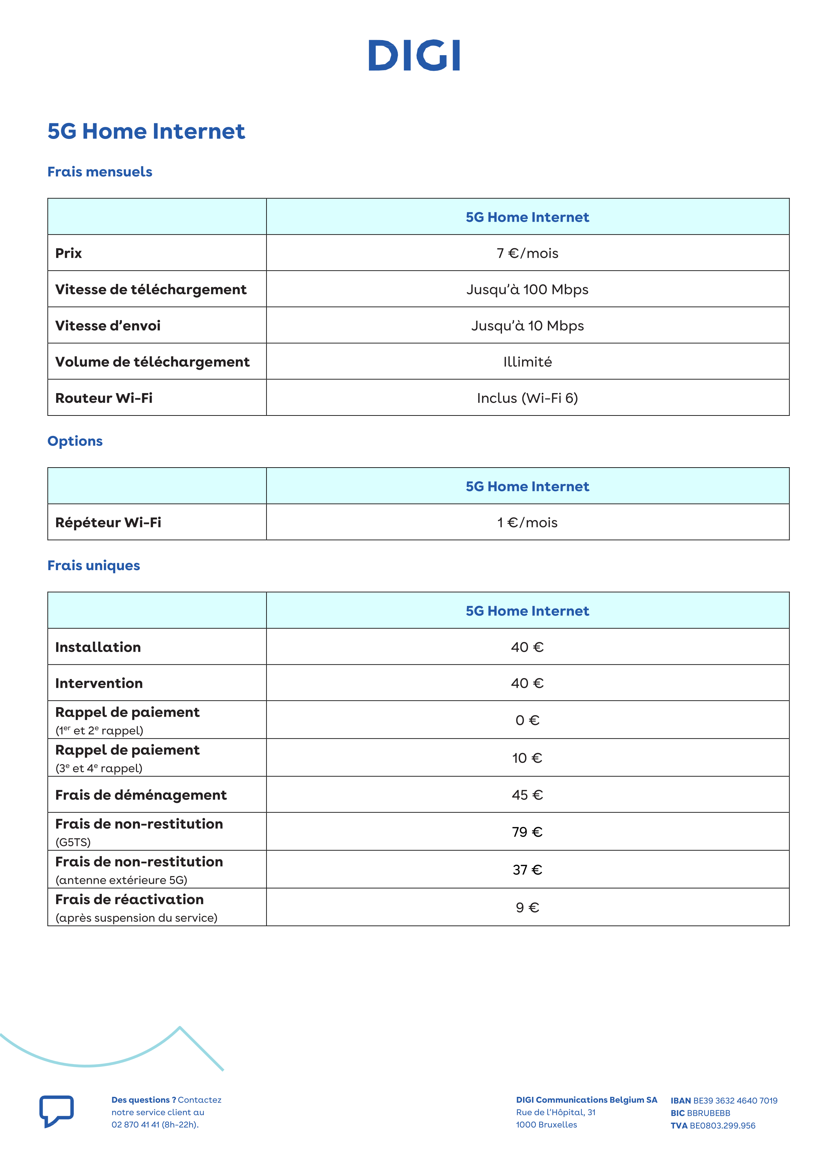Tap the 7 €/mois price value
[x=527, y=253]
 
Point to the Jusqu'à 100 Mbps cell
[x=527, y=290]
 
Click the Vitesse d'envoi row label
[x=108, y=326]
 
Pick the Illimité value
[x=527, y=362]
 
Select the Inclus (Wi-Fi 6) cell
[x=527, y=398]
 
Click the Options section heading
[x=75, y=441]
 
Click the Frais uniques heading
[x=94, y=565]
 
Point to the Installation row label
[x=98, y=647]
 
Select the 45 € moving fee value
[x=527, y=795]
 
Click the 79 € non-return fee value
[x=527, y=832]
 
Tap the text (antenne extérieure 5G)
[x=122, y=880]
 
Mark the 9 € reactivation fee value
[x=527, y=907]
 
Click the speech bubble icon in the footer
[x=57, y=1111]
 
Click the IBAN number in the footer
[x=735, y=1101]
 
